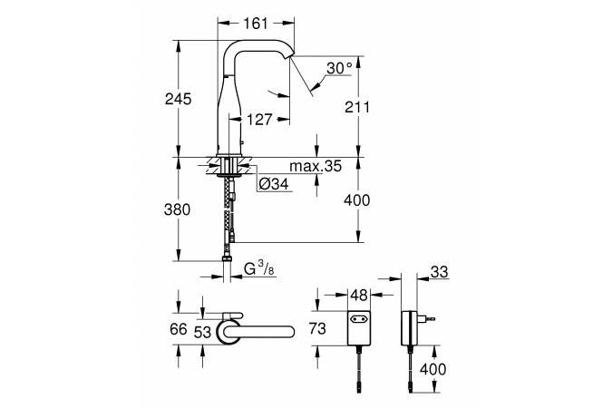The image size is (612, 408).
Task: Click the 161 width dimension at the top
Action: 256,24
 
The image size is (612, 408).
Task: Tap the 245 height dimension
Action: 178,99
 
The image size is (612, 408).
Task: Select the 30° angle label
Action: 339,68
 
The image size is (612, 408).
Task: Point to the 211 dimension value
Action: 356,107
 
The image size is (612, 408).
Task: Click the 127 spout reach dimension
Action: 259,119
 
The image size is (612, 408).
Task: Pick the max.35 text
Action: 316,166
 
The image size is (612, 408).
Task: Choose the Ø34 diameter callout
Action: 274,183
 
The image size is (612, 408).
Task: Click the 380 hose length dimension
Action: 177,209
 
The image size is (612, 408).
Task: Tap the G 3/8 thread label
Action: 258,269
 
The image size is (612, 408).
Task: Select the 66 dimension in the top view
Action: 179,329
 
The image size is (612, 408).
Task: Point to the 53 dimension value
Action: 202,332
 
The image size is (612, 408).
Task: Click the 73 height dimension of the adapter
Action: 317,328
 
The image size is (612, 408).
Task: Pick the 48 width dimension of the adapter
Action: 359,296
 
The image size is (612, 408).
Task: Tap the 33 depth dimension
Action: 439,272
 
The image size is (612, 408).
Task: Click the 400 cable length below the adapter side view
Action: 432,369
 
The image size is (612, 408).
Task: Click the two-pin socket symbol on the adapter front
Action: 359,318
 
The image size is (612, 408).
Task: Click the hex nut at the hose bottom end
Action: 227,258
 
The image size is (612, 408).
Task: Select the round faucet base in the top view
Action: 228,332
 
